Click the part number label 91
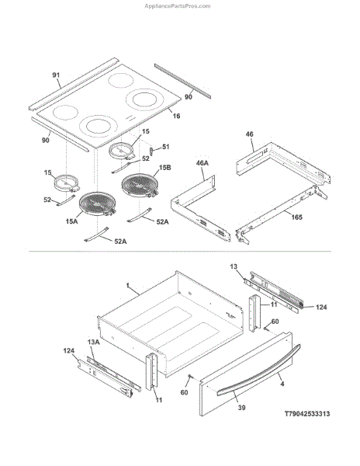click(x=56, y=75)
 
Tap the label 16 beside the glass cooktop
click(x=177, y=116)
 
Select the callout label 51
click(x=165, y=147)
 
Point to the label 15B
click(x=165, y=168)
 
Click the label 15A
click(x=72, y=221)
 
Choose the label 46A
click(x=202, y=163)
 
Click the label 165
click(x=296, y=217)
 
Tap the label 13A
click(x=93, y=343)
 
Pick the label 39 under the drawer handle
click(x=242, y=408)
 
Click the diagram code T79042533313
click(x=307, y=414)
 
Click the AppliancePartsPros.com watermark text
click(x=178, y=6)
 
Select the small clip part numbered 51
click(x=151, y=151)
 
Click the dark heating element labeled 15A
click(x=97, y=203)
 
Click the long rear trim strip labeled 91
click(x=74, y=84)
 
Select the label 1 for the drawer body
click(x=127, y=286)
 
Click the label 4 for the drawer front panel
click(x=282, y=384)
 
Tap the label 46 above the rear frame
click(x=250, y=134)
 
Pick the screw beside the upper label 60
click(x=266, y=329)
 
